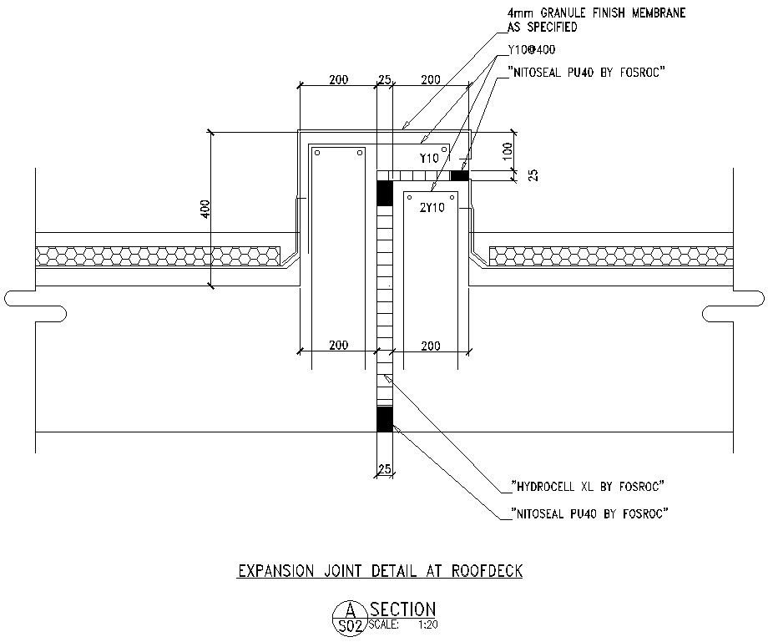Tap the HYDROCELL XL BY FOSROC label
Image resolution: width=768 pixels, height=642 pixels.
pyautogui.click(x=586, y=486)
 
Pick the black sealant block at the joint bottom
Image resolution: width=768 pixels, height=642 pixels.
pyautogui.click(x=384, y=419)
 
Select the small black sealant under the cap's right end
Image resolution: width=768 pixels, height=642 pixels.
pyautogui.click(x=459, y=175)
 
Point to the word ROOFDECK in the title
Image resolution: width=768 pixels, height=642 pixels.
pyautogui.click(x=488, y=572)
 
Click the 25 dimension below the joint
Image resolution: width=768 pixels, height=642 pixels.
pyautogui.click(x=384, y=470)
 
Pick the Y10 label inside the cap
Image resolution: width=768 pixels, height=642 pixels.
pyautogui.click(x=429, y=158)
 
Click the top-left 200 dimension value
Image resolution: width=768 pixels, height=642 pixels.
pyautogui.click(x=338, y=80)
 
